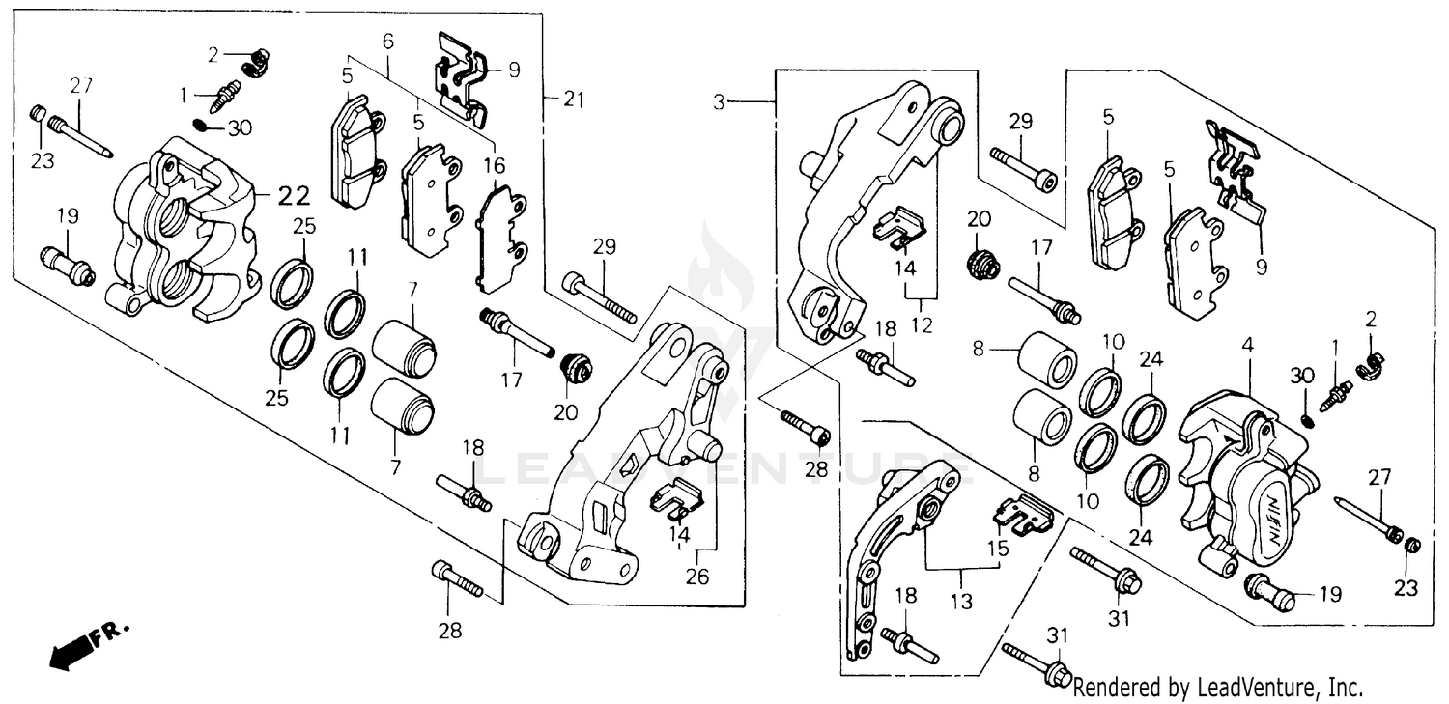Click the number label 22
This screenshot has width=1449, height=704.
tap(294, 196)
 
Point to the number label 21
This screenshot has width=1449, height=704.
tap(576, 99)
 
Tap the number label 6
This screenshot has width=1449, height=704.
tap(388, 42)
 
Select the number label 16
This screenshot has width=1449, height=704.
tap(495, 164)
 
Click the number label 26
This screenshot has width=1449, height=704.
tap(697, 577)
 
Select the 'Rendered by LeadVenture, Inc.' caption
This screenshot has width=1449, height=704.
tap(1218, 689)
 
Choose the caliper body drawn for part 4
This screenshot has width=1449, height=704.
tap(1246, 483)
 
